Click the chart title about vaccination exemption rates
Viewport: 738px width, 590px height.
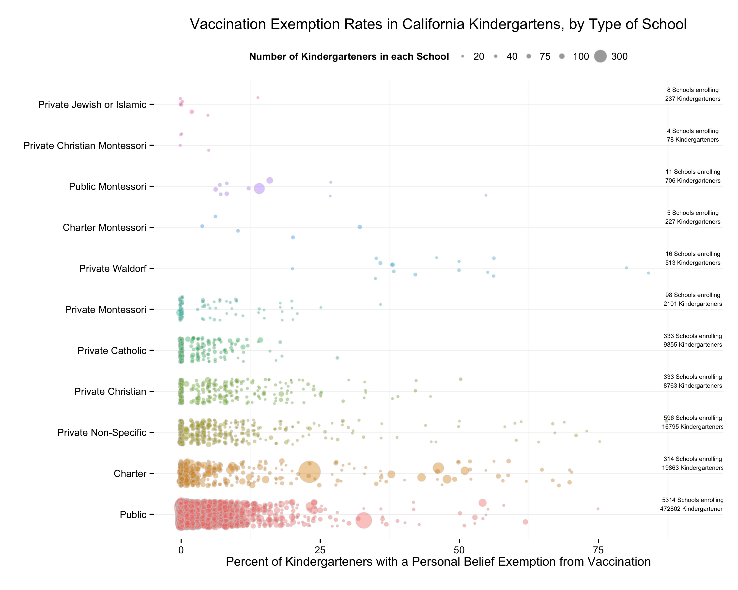(438, 24)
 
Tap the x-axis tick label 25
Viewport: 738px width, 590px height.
(320, 550)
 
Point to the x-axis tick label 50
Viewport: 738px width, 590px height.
(459, 550)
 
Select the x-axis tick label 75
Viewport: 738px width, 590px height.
(598, 550)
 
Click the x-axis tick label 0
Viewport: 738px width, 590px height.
(181, 550)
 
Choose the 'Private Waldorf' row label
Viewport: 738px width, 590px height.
(113, 268)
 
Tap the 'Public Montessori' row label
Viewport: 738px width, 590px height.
(108, 186)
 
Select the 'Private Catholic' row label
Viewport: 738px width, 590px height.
(112, 351)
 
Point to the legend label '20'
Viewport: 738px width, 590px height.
(478, 57)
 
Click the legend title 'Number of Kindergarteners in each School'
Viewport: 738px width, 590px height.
(349, 57)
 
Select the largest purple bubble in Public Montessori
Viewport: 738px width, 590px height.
(260, 189)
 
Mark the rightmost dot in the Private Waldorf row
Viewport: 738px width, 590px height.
(648, 273)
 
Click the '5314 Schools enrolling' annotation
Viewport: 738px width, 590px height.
(692, 500)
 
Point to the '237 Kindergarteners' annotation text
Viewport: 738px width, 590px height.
(692, 99)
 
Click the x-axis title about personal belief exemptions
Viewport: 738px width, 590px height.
(438, 562)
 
